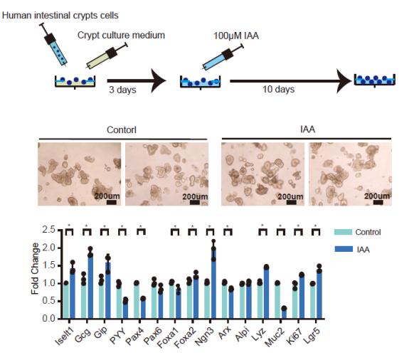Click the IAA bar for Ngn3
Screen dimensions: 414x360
tap(213, 283)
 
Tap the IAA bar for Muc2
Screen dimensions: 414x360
tap(284, 313)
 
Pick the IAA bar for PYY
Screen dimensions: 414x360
tap(125, 309)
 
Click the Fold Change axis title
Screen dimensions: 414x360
tap(35, 269)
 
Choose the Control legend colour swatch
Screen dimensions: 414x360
tap(344, 232)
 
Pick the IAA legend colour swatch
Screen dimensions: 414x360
tap(344, 249)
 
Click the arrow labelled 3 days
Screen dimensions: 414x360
tap(137, 81)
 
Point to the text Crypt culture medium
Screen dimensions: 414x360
tap(121, 35)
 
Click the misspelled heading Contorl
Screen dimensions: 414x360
tap(122, 130)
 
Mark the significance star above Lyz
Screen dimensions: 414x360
tap(262, 226)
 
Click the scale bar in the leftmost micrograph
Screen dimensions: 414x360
tap(112, 202)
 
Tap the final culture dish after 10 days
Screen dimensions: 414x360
tap(375, 80)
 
